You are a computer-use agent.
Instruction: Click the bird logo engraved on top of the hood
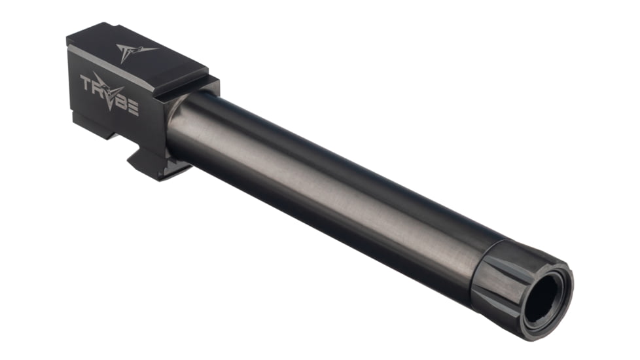135,52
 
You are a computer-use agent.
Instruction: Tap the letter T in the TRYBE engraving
86,83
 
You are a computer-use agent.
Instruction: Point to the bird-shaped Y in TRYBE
111,92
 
